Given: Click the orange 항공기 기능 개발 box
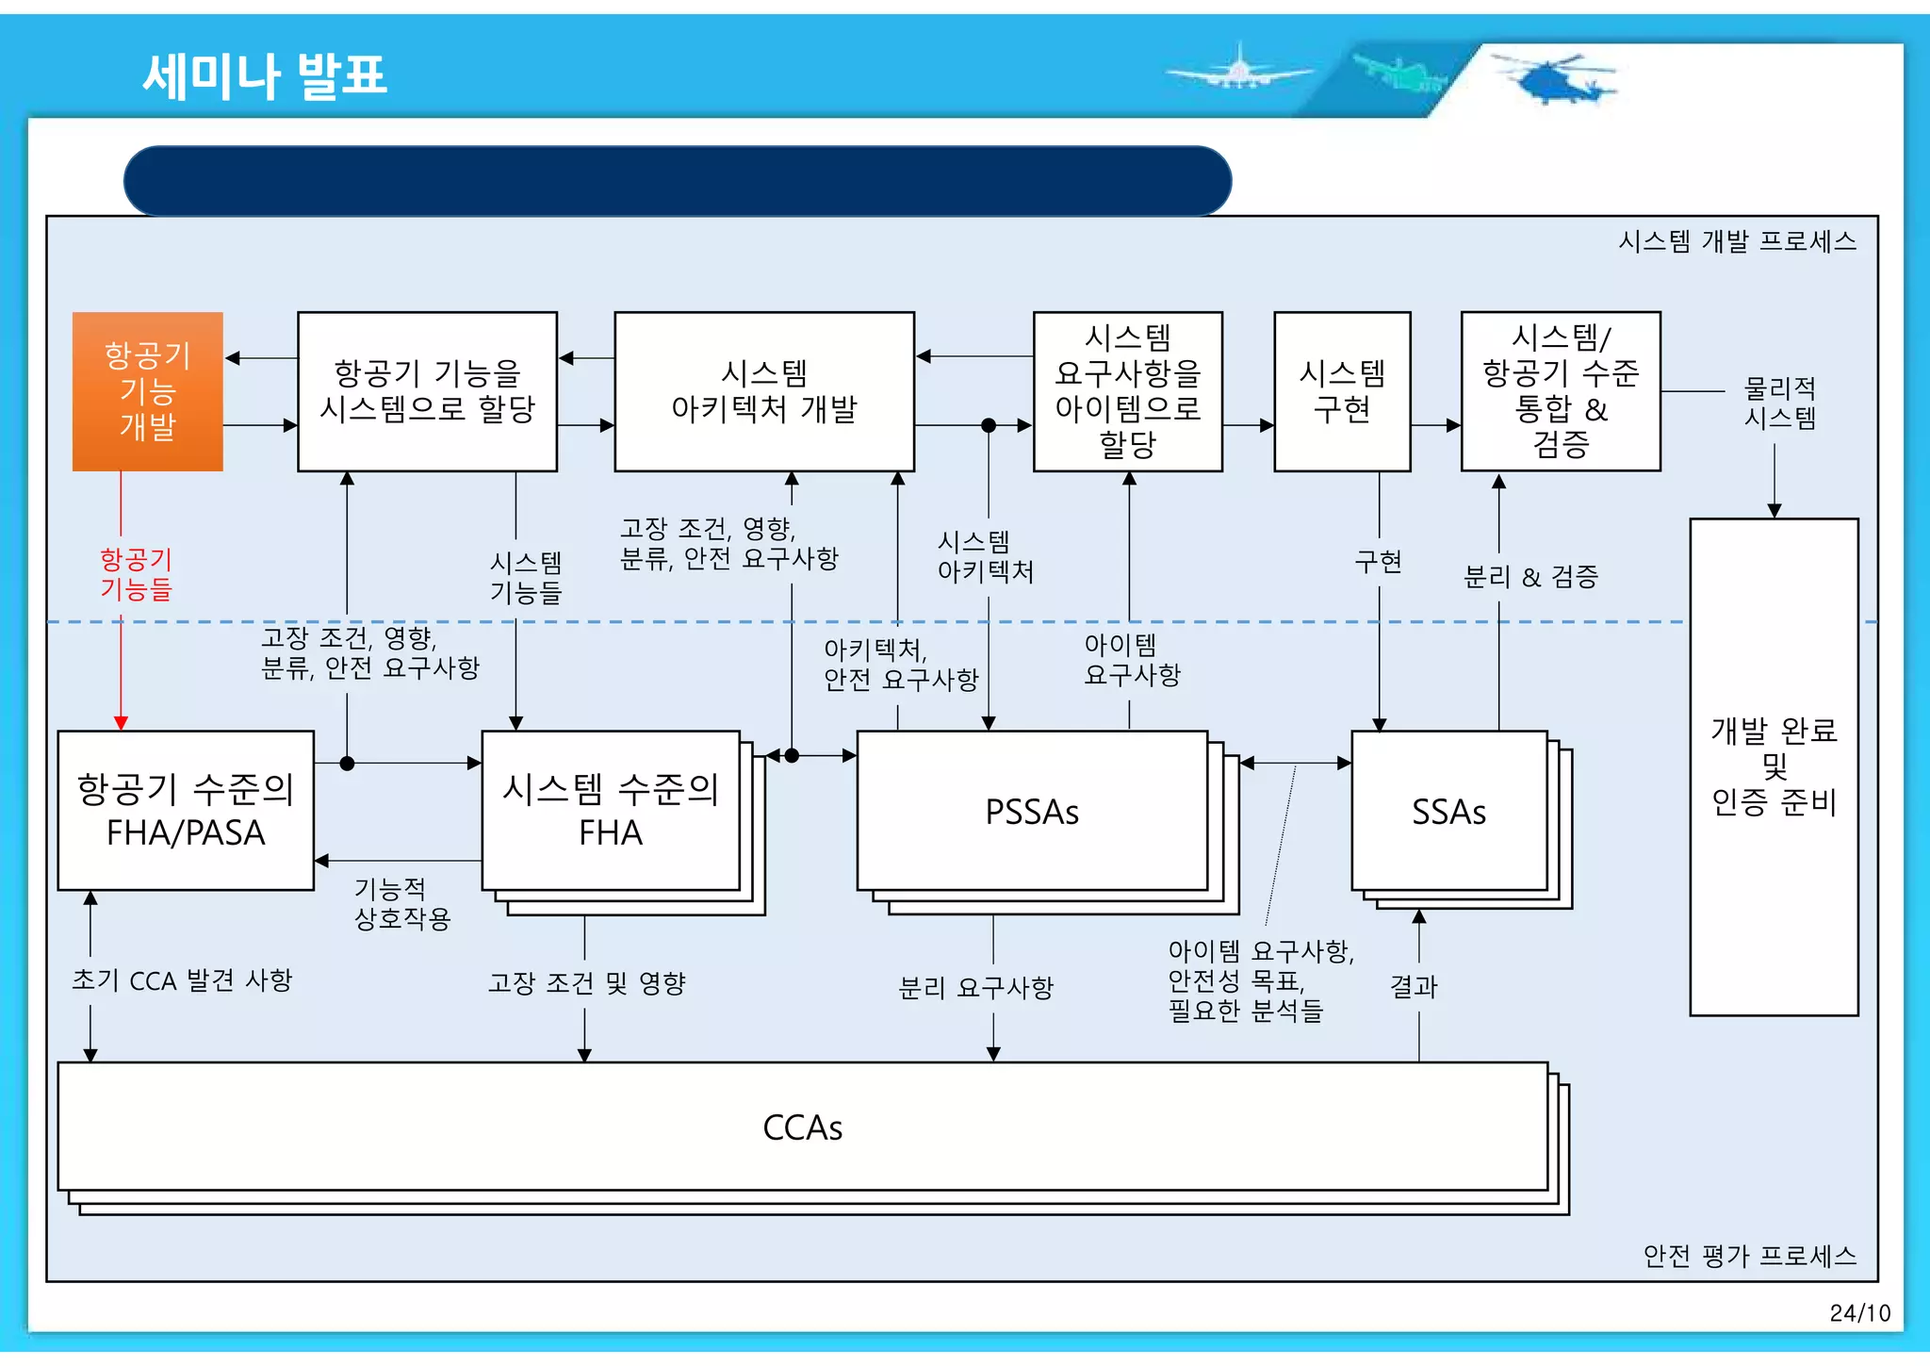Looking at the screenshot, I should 148,391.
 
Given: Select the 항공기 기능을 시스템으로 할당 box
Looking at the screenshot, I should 427,391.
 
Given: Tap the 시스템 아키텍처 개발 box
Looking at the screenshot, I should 763,391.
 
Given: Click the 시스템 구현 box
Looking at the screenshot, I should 1342,391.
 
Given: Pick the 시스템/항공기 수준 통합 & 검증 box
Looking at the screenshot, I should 1561,391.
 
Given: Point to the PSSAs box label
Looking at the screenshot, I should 1032,812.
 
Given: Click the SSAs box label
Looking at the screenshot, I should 1448,812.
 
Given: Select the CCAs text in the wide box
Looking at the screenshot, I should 802,1127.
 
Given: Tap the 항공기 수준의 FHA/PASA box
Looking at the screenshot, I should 186,811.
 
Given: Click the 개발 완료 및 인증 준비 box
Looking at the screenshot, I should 1774,766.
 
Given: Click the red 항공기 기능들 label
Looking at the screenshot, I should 137,574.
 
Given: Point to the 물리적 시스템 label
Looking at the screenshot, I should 1779,403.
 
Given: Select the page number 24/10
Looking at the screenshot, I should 1859,1313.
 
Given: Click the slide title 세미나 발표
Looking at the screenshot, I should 265,75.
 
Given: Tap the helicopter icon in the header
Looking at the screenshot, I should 1555,78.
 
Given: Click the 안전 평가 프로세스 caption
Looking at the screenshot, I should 1749,1256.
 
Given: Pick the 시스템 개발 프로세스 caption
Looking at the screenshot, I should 1737,241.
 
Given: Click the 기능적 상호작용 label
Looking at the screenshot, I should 402,903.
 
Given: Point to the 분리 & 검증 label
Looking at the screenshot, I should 1530,576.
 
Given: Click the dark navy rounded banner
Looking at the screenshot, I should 678,180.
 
